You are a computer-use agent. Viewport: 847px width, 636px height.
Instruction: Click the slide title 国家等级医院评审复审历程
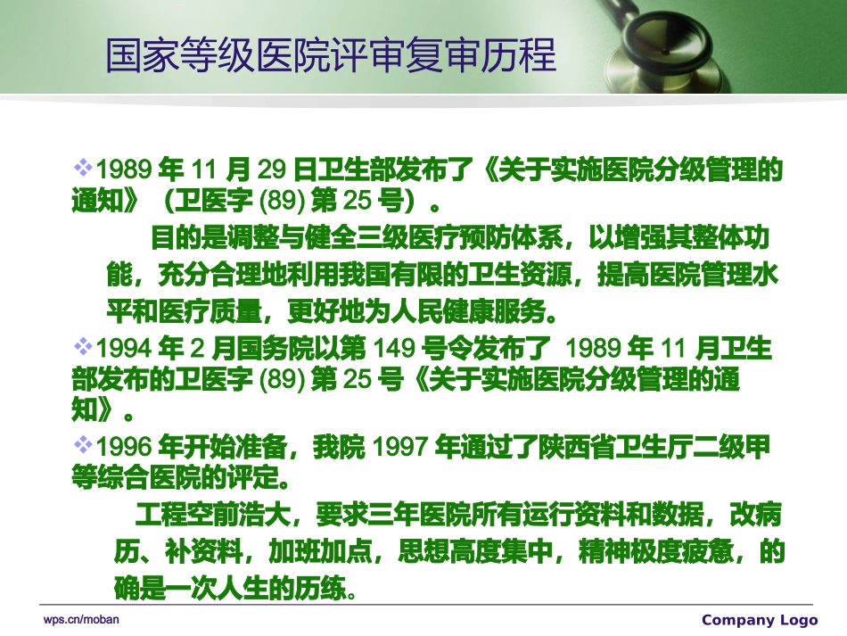(x=331, y=54)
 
